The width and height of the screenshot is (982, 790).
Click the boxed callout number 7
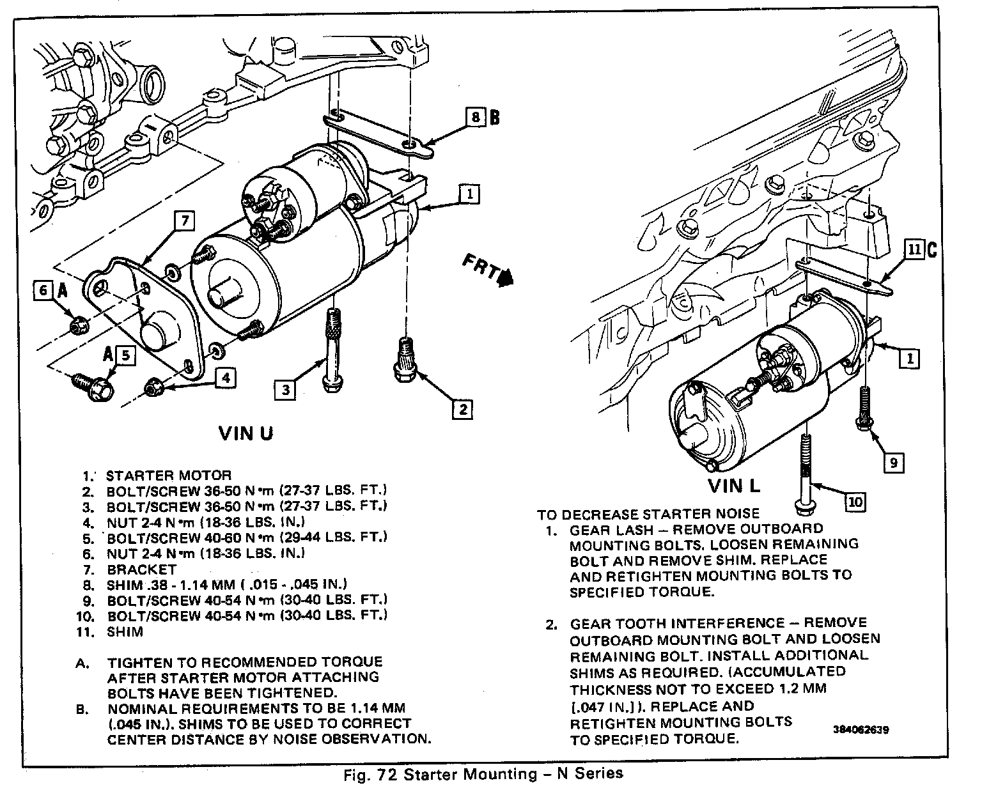tap(183, 221)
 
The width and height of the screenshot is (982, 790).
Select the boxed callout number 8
tap(474, 118)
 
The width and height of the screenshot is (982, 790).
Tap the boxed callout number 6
tap(43, 291)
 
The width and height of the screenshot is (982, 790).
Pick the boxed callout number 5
tap(125, 355)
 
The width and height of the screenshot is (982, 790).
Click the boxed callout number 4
tap(223, 378)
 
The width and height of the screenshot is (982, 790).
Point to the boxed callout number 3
tap(285, 389)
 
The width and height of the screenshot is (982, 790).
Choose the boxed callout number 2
tap(462, 409)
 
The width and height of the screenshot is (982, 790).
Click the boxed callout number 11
tap(914, 250)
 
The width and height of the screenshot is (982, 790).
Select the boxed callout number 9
tap(893, 462)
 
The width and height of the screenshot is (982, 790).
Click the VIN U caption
tap(246, 433)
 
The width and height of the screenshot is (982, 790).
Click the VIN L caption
tap(734, 486)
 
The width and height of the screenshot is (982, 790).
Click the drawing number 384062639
tap(861, 729)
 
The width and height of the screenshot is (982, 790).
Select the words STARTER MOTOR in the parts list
tap(168, 476)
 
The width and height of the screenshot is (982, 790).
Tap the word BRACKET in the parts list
tap(141, 569)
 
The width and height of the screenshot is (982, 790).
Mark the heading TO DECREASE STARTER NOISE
tap(648, 514)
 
